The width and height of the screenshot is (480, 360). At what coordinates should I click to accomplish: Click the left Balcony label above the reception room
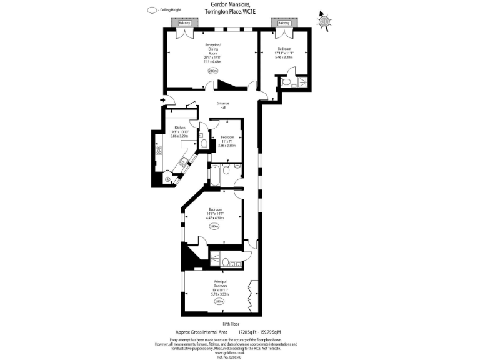[x=184, y=24]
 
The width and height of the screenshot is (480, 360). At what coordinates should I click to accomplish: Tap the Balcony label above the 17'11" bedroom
[x=284, y=24]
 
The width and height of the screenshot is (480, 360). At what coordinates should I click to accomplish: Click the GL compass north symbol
[x=324, y=22]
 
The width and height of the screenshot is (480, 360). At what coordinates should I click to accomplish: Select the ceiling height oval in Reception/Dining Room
[x=212, y=71]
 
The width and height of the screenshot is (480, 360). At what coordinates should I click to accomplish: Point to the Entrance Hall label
[x=223, y=105]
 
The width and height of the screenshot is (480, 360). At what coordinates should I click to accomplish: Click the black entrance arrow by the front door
[x=163, y=99]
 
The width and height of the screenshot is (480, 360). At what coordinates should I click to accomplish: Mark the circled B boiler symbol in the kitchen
[x=167, y=179]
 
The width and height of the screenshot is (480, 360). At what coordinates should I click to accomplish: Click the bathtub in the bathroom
[x=214, y=176]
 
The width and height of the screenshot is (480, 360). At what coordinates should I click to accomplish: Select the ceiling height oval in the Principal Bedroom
[x=219, y=301]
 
